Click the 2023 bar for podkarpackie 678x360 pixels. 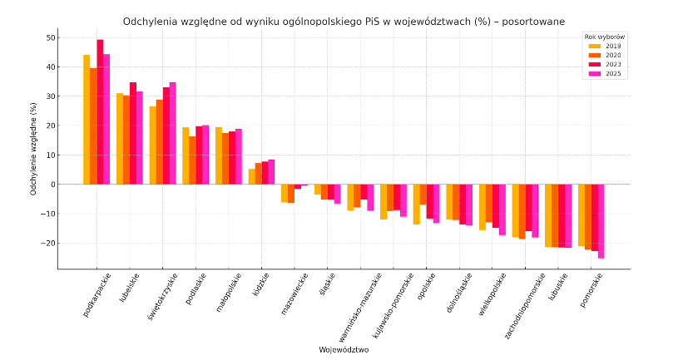pyautogui.click(x=100, y=112)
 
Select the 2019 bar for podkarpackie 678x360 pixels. pyautogui.click(x=87, y=120)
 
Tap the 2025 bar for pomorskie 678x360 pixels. pyautogui.click(x=601, y=221)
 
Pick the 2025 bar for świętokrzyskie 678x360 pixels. pyautogui.click(x=172, y=133)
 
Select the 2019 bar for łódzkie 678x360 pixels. pyautogui.click(x=252, y=176)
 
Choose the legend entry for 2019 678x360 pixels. pyautogui.click(x=606, y=46)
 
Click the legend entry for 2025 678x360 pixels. pyautogui.click(x=606, y=73)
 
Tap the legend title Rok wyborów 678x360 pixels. pyautogui.click(x=605, y=37)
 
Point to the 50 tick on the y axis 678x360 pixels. pyautogui.click(x=52, y=37)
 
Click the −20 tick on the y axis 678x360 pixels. pyautogui.click(x=50, y=244)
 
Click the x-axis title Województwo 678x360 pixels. pyautogui.click(x=344, y=350)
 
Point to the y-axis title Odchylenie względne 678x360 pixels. pyautogui.click(x=34, y=148)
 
